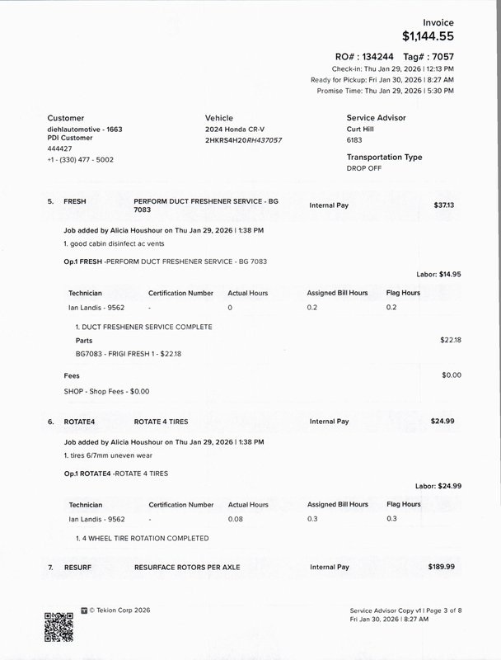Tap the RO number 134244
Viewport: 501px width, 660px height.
371,54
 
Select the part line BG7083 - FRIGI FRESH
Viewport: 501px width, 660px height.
122,353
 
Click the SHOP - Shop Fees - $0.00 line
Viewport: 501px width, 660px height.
106,390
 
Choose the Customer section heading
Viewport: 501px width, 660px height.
66,118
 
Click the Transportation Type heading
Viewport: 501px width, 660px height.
384,157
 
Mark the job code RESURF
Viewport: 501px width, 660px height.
79,568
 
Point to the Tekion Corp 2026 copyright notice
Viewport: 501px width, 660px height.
120,611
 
